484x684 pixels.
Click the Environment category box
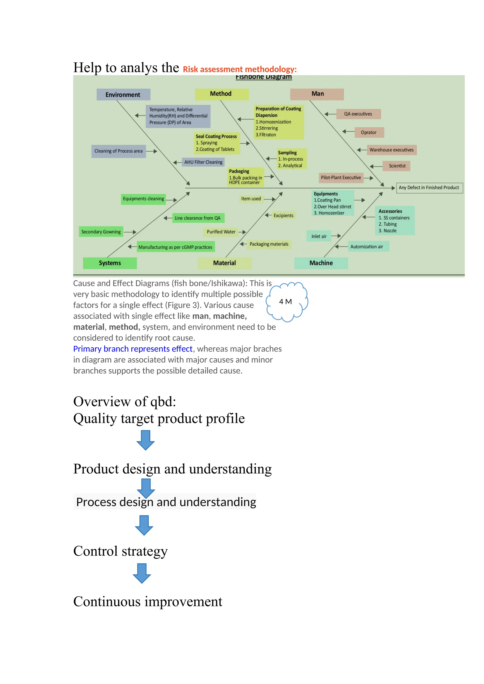pos(123,94)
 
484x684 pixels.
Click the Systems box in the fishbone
pos(110,263)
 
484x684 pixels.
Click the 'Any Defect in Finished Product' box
pos(429,188)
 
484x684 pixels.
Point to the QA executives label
pos(358,114)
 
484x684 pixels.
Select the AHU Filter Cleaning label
pos(203,162)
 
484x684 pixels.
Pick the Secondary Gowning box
pos(101,232)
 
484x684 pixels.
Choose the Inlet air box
pos(319,236)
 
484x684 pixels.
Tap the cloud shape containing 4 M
pos(286,302)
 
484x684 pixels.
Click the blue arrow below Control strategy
pos(142,573)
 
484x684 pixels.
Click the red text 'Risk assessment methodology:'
pos(240,69)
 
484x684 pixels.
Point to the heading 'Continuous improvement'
pos(147,602)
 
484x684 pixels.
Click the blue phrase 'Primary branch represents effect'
pos(133,349)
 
